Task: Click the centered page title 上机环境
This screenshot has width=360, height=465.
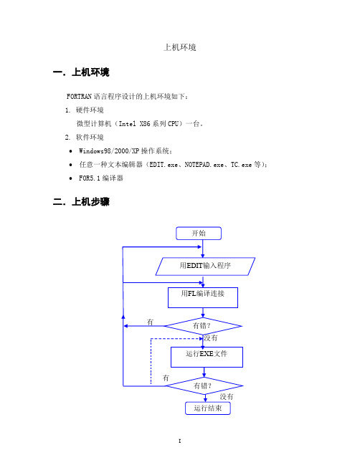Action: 180,47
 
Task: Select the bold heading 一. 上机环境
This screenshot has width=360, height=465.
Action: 81,72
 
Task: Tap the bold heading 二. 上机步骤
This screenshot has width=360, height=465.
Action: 81,201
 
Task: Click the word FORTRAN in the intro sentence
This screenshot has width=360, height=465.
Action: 79,97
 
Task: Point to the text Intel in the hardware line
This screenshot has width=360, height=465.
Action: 128,124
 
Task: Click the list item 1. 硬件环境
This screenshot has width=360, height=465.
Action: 85,110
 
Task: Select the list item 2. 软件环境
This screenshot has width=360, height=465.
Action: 85,137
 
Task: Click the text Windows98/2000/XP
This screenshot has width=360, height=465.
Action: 109,151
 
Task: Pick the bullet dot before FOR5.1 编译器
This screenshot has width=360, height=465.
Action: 70,178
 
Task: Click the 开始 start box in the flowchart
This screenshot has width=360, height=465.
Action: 199,234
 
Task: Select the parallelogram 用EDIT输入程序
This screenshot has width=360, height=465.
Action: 205,267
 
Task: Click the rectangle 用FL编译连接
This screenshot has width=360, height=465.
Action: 203,297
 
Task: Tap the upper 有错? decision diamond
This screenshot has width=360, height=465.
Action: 203,326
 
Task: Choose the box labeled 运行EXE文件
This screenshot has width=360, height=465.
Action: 207,357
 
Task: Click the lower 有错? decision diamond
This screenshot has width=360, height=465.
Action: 204,385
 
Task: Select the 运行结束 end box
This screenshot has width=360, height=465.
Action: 208,408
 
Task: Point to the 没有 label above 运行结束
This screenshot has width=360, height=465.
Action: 227,397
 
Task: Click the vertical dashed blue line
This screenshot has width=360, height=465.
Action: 151,361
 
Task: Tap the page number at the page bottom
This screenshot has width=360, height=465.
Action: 179,441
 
